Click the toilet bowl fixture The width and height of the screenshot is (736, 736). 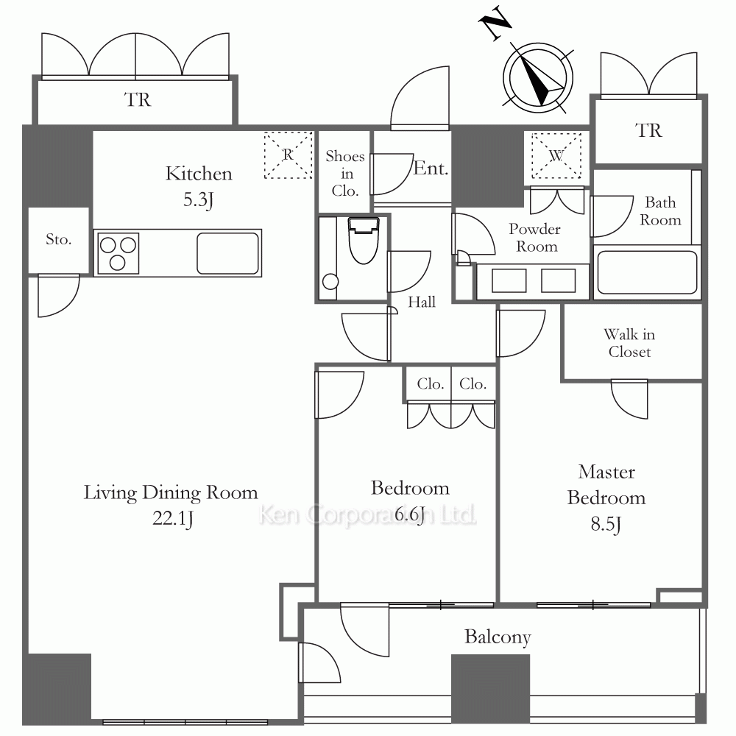[364, 240]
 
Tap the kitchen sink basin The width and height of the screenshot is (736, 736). [227, 253]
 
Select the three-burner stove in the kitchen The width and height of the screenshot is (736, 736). [118, 253]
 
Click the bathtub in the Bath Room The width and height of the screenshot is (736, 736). [647, 272]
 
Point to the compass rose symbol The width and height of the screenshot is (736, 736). [538, 78]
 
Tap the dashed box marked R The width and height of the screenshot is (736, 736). [289, 155]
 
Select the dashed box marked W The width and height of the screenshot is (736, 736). [556, 156]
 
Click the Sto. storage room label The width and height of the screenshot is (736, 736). [59, 239]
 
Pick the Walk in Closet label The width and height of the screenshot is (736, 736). [629, 343]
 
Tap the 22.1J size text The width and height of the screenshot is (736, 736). [173, 519]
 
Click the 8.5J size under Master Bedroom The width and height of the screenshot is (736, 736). [606, 524]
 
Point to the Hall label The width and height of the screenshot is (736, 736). [422, 302]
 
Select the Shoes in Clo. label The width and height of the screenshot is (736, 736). [345, 173]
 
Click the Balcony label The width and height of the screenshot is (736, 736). [498, 637]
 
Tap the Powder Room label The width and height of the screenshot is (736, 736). [535, 238]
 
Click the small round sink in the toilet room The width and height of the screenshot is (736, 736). [330, 282]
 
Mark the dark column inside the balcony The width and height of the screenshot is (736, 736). [490, 689]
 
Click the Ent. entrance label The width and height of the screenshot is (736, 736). [431, 168]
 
